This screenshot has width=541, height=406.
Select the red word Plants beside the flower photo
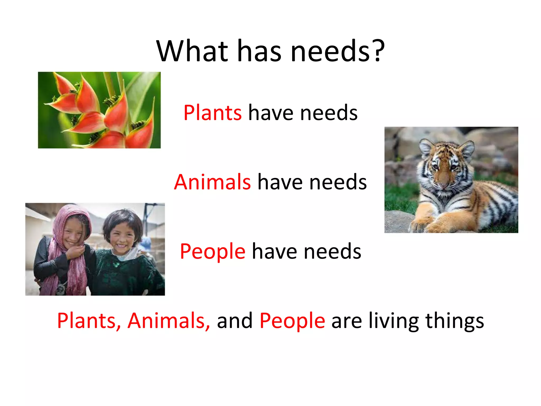pos(212,113)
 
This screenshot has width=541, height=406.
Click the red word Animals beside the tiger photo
pos(212,182)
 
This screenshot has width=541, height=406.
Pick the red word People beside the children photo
pos(213,252)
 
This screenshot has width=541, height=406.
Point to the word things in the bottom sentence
pos(455,321)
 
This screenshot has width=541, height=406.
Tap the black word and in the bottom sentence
pos(235,321)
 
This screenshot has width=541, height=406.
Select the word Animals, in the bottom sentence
pos(169,321)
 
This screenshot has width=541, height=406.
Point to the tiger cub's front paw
pos(423,225)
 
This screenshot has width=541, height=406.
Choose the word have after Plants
pos(271,113)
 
